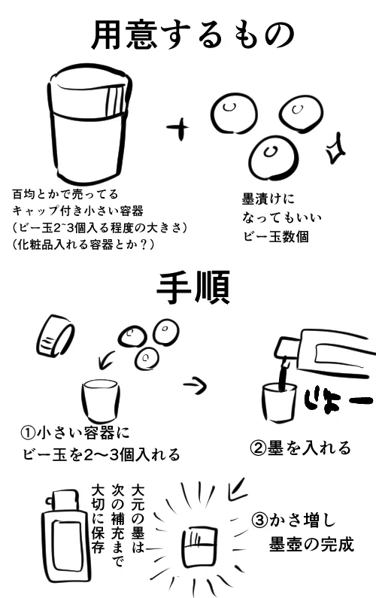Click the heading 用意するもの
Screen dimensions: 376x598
pos(193,35)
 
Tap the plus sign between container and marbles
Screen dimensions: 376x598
pos(178,127)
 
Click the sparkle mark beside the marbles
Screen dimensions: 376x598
pos(335,149)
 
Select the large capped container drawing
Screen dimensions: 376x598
pos(90,125)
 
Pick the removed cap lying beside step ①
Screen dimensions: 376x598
pos(56,336)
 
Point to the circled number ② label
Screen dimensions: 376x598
pos(258,448)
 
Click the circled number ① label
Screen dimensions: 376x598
pos(28,433)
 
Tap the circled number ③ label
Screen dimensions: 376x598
pos(259,521)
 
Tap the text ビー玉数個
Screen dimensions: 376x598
pos(276,237)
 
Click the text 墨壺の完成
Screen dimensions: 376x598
pos(311,545)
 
